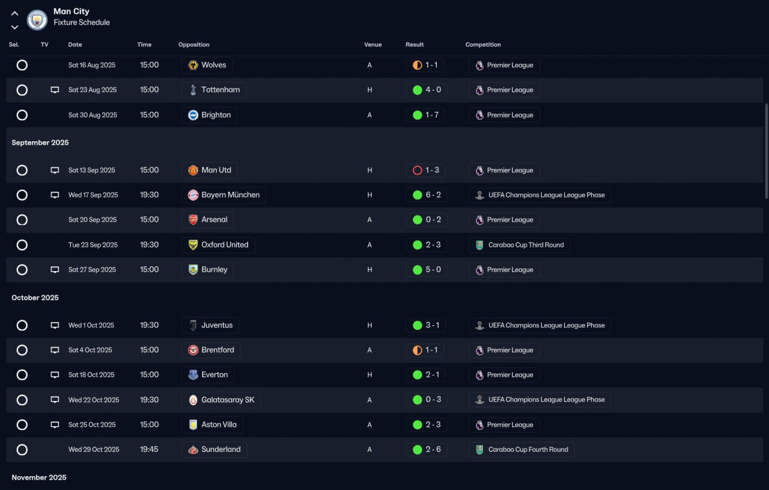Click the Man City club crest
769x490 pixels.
pyautogui.click(x=37, y=20)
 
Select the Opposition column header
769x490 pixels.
pyautogui.click(x=193, y=44)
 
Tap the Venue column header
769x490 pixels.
pyautogui.click(x=372, y=44)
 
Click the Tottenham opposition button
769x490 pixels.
pyautogui.click(x=214, y=90)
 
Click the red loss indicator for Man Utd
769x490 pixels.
pyautogui.click(x=418, y=170)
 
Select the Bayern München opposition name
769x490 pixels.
pyautogui.click(x=230, y=195)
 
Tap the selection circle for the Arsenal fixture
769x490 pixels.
pyautogui.click(x=22, y=220)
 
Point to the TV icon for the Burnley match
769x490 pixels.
pyautogui.click(x=55, y=270)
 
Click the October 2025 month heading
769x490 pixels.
pyautogui.click(x=35, y=298)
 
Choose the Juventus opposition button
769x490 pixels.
pyautogui.click(x=210, y=325)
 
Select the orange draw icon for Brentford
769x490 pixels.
pyautogui.click(x=418, y=350)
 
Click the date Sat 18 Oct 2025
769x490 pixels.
pyautogui.click(x=91, y=375)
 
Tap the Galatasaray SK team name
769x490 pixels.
pyautogui.click(x=228, y=400)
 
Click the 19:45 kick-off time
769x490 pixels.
pyautogui.click(x=149, y=449)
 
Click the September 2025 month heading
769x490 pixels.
pyautogui.click(x=40, y=142)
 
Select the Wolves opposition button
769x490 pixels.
pyautogui.click(x=207, y=65)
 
